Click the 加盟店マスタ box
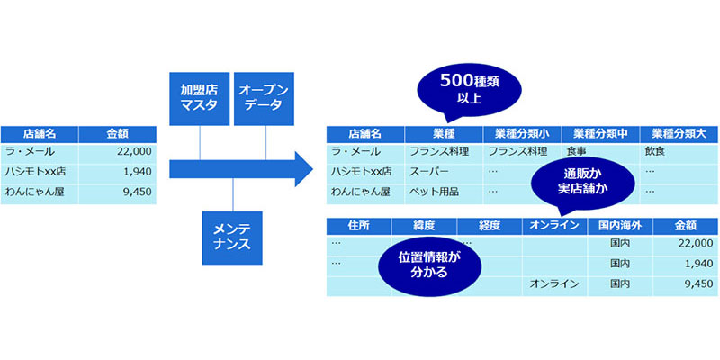(199, 99)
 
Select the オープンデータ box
(264, 99)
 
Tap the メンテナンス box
(232, 238)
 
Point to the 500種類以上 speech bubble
(469, 90)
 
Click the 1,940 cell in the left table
(118, 172)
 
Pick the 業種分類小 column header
(522, 134)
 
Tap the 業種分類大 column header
(679, 134)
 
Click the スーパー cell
(444, 172)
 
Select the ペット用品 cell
(444, 192)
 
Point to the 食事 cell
(600, 151)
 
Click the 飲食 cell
(679, 151)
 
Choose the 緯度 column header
(424, 226)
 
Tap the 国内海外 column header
(620, 226)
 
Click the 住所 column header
(359, 226)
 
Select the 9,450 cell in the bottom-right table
(685, 284)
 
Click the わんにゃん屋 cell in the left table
(40, 192)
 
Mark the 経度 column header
(490, 226)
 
